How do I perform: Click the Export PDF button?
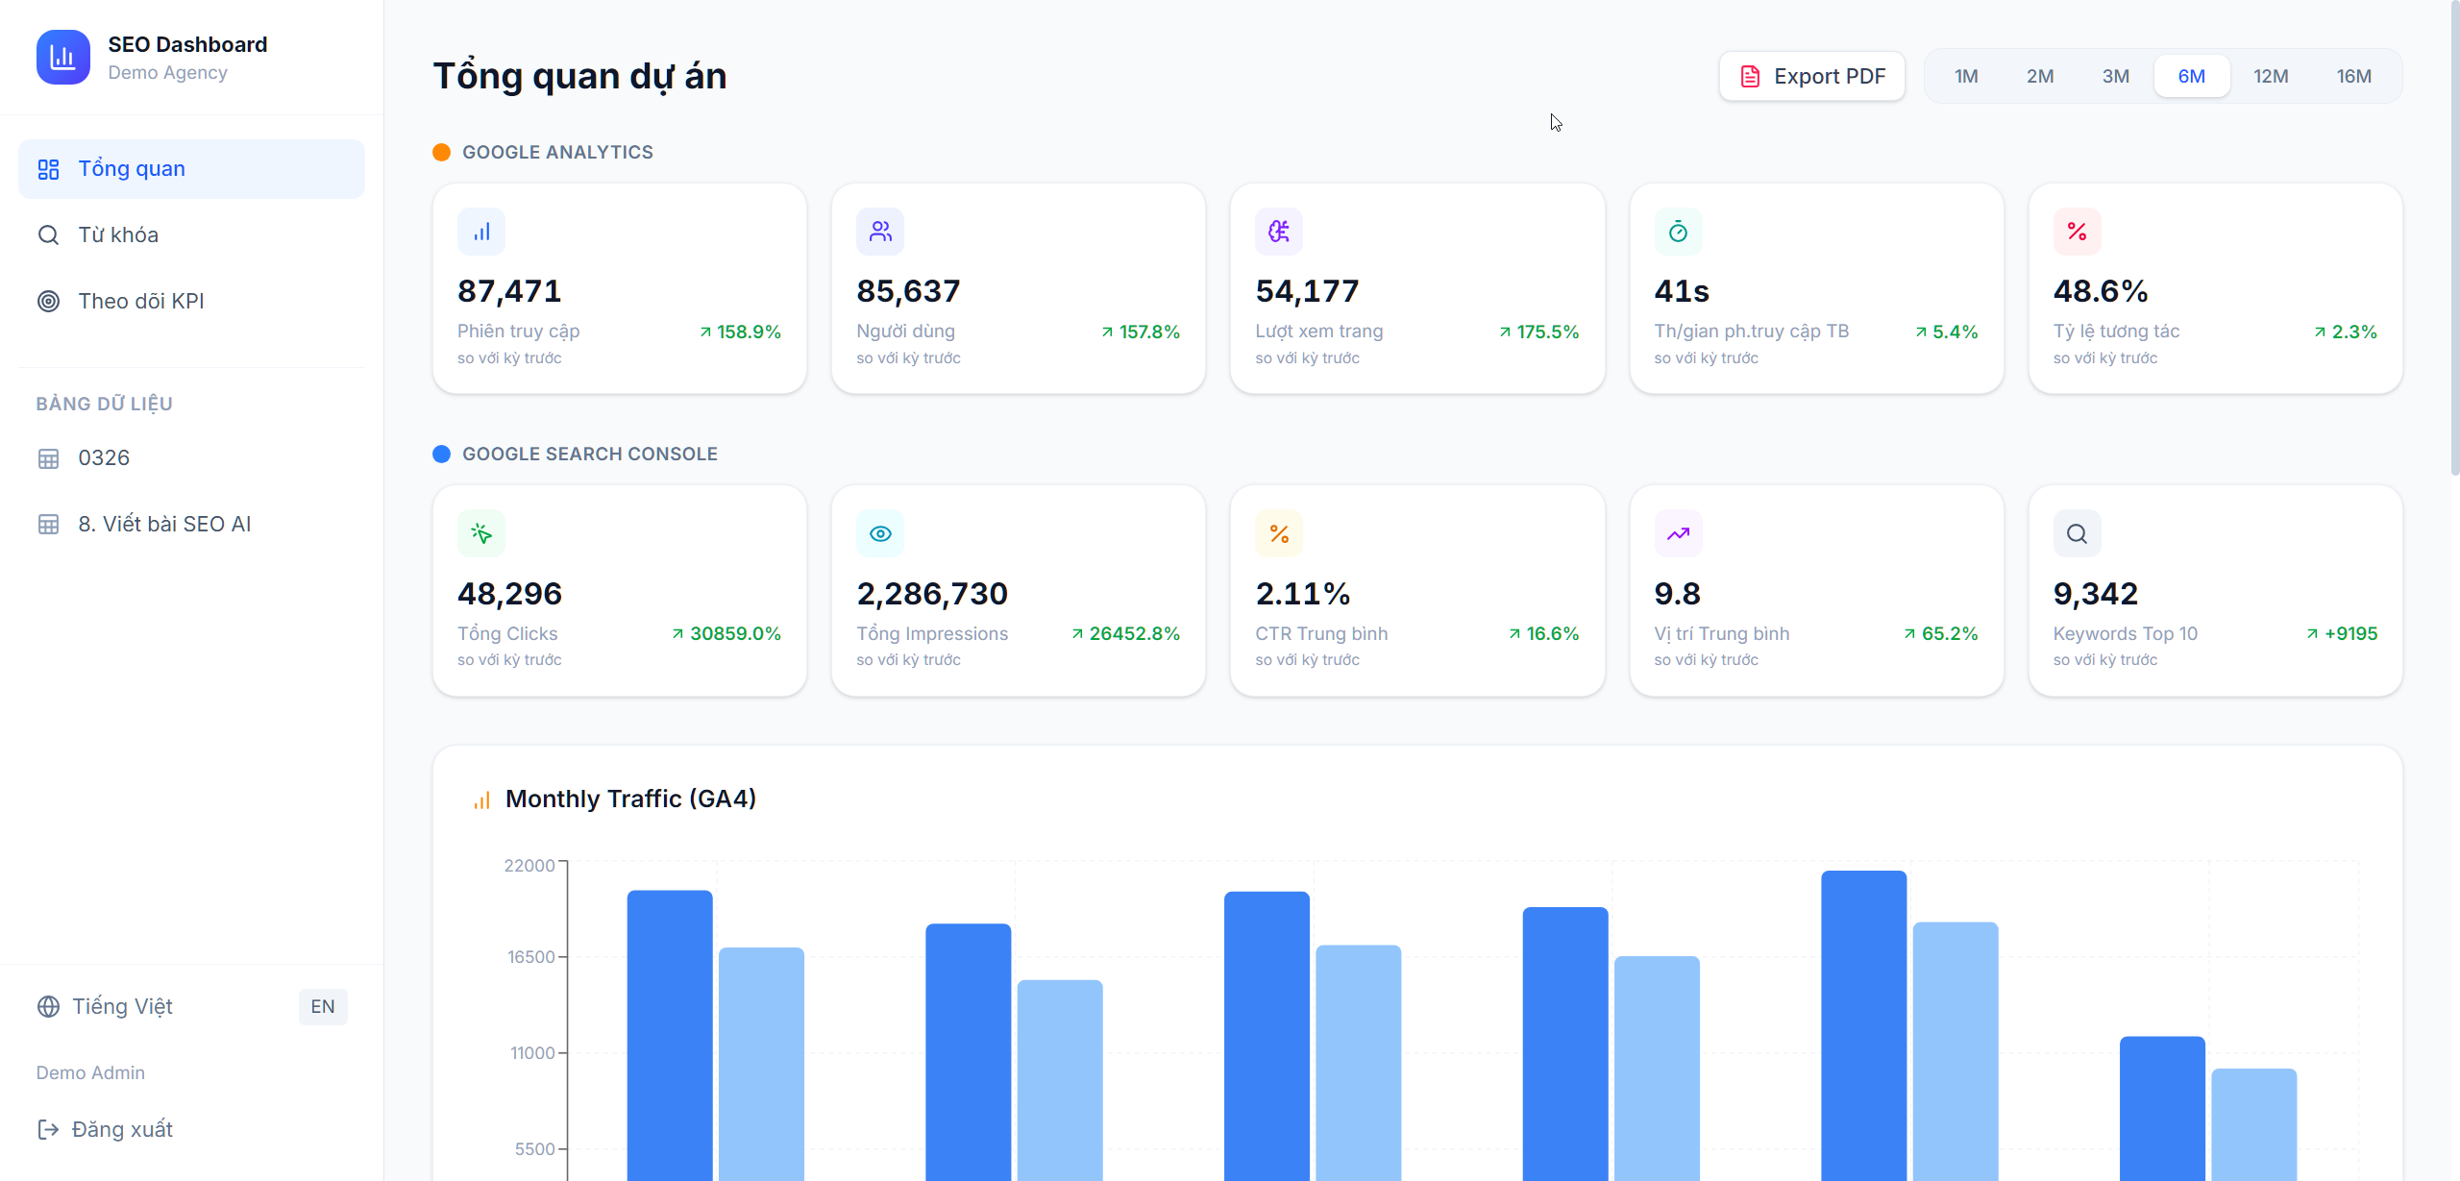coord(1811,76)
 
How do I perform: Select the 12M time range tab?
coord(2270,76)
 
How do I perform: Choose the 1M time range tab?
coord(1965,76)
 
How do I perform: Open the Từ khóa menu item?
coord(118,234)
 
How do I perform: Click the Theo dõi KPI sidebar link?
coord(140,301)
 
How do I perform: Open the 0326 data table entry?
coord(104,457)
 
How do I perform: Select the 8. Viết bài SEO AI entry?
coord(163,524)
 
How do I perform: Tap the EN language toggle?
coord(322,1006)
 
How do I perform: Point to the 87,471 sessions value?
coord(509,291)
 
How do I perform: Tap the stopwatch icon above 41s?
coord(1678,232)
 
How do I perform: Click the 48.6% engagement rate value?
coord(2100,291)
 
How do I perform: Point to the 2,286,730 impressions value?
coord(931,594)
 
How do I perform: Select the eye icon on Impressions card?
coord(880,533)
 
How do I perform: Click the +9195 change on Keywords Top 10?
coord(2349,633)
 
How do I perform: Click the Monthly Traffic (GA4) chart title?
coord(630,799)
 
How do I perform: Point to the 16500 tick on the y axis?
coord(530,957)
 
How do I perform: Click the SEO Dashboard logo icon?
coord(63,58)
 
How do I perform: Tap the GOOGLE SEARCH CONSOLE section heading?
coord(589,454)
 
